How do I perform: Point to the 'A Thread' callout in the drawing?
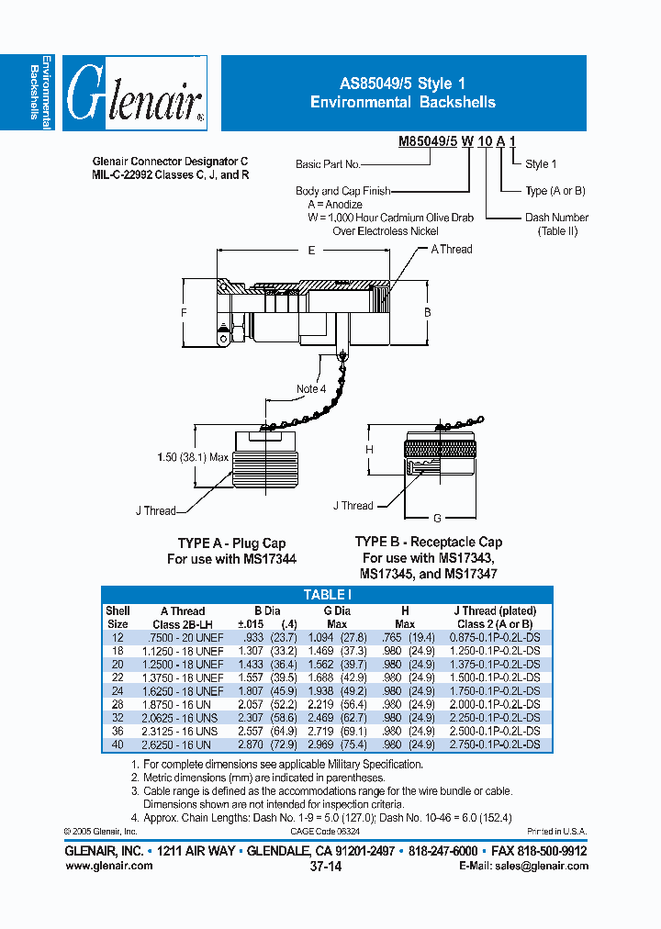pos(452,249)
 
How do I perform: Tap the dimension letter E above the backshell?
pos(312,250)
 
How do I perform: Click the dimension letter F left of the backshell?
pos(184,314)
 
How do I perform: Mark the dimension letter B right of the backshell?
pos(427,313)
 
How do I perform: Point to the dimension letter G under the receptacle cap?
pos(437,518)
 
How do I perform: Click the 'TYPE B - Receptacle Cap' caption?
pos(429,542)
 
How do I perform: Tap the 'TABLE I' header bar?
pos(329,595)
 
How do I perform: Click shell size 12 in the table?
pos(118,637)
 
